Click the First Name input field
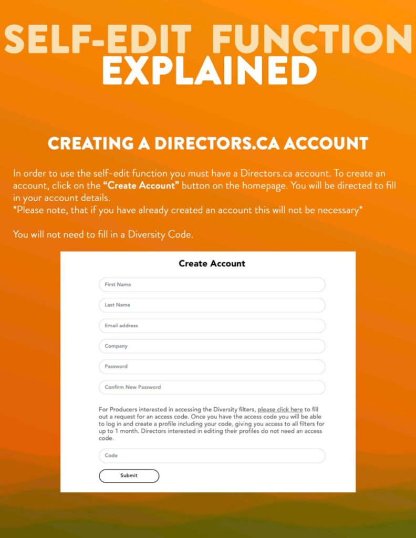tap(212, 285)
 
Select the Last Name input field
tap(212, 305)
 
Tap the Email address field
tap(212, 326)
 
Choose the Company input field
tap(212, 346)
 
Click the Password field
tap(212, 367)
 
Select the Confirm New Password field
tap(212, 387)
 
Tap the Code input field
tap(212, 456)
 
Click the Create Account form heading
tap(212, 264)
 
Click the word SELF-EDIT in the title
tap(98, 39)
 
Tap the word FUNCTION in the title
tap(312, 39)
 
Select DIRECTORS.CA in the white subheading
tap(211, 143)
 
